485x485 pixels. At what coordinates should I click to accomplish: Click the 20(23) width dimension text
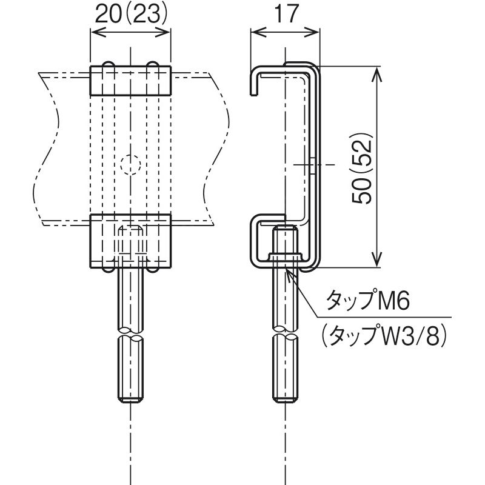point(131,14)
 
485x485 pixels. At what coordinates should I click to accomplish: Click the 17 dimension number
point(286,13)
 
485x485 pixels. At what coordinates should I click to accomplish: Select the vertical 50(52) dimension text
point(361,169)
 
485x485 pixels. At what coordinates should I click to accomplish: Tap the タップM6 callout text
point(368,299)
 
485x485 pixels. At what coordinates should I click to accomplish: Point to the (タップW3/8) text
point(384,336)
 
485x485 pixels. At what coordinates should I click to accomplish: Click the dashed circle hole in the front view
point(130,165)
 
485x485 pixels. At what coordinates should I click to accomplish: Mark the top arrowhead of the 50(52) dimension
point(376,74)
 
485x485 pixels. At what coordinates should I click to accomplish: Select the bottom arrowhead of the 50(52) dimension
point(376,259)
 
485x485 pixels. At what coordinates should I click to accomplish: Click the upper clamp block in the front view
point(130,81)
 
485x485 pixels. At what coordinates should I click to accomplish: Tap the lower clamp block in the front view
point(130,241)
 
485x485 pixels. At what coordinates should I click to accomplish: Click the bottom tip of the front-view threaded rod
point(130,402)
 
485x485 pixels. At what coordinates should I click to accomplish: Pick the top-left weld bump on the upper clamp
point(109,64)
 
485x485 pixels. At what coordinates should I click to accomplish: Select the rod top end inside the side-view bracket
point(285,228)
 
